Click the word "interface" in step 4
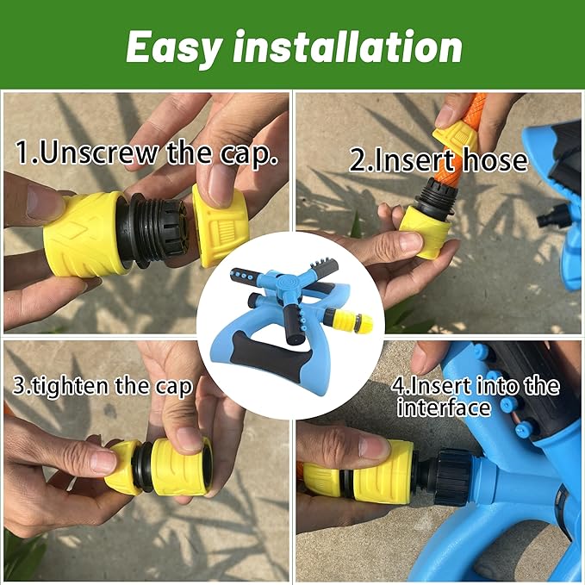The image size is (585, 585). (444, 407)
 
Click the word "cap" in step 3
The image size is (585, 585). (173, 386)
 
